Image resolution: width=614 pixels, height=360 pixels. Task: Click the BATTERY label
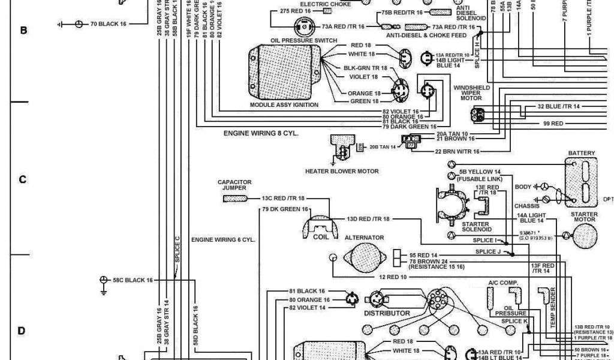point(582,154)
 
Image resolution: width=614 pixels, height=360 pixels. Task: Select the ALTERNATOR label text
point(365,238)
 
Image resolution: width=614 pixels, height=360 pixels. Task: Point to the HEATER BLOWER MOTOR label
point(342,171)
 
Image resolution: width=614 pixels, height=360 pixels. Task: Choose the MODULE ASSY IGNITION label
point(284,105)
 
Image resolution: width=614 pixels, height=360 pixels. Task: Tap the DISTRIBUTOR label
point(387,313)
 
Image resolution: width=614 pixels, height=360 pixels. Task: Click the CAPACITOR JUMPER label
point(234,185)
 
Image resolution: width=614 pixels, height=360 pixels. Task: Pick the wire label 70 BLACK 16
point(109,23)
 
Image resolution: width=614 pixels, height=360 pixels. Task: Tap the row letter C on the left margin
point(23,179)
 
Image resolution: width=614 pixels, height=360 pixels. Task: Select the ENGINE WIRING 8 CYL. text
point(261,133)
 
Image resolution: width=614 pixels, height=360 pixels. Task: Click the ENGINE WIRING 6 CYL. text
point(223,239)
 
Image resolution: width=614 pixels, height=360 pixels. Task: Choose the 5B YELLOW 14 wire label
point(480,172)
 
